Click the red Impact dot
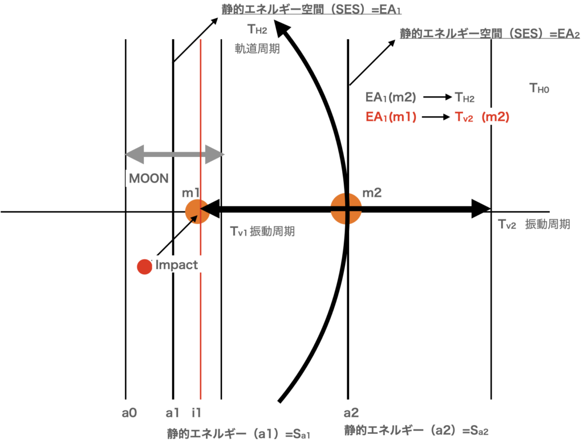(144, 266)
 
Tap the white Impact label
(176, 265)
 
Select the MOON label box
(149, 178)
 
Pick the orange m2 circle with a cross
(346, 209)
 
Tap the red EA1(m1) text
(392, 117)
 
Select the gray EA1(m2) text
(391, 97)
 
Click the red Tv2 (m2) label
(482, 117)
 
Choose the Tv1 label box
(239, 231)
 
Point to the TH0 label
(539, 88)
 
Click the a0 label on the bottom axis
(129, 413)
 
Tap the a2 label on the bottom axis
(351, 413)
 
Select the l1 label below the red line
(197, 413)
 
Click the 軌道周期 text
(257, 49)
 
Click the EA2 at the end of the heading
(569, 34)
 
